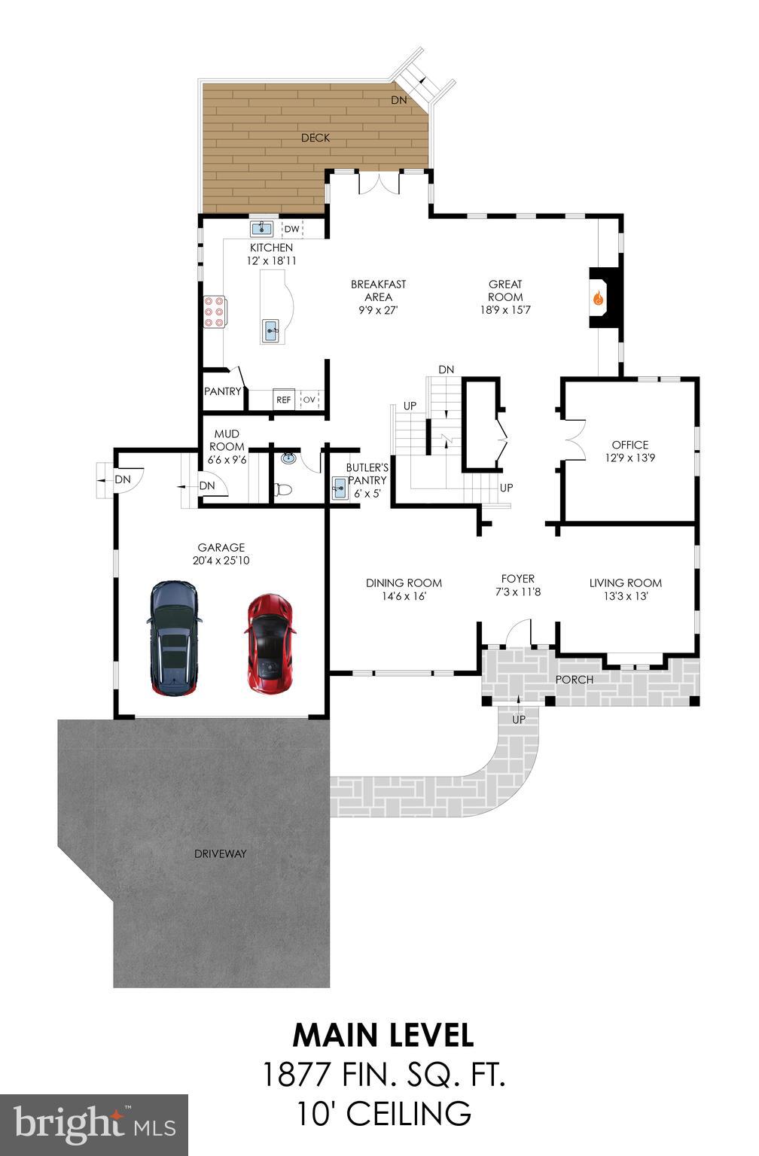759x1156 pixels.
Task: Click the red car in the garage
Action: pyautogui.click(x=270, y=643)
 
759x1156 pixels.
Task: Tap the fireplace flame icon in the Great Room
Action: pyautogui.click(x=599, y=298)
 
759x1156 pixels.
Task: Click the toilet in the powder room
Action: pyautogui.click(x=283, y=490)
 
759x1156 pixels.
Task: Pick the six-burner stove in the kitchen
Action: pyautogui.click(x=215, y=312)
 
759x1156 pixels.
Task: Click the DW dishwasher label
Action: pyautogui.click(x=291, y=229)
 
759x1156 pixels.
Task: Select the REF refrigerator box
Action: pyautogui.click(x=283, y=400)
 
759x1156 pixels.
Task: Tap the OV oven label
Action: pyautogui.click(x=309, y=400)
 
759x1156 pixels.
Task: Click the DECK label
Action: pyautogui.click(x=315, y=138)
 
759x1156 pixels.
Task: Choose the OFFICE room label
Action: pyautogui.click(x=629, y=445)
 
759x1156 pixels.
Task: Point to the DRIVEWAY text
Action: pyautogui.click(x=220, y=853)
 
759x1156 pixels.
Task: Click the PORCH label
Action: pyautogui.click(x=574, y=680)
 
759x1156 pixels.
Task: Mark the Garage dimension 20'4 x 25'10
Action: pyautogui.click(x=221, y=561)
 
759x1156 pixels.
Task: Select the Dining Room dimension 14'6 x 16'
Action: pyautogui.click(x=404, y=596)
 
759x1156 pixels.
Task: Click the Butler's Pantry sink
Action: pyautogui.click(x=338, y=488)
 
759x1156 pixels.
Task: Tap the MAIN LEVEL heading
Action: pyautogui.click(x=383, y=1036)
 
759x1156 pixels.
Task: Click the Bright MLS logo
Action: pyautogui.click(x=94, y=1124)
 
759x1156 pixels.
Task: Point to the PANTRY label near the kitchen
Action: pyautogui.click(x=223, y=391)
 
